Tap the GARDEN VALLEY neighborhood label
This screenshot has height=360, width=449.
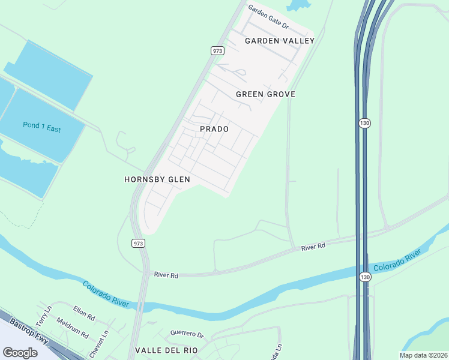click(280, 41)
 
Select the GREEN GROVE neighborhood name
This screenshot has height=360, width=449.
click(265, 95)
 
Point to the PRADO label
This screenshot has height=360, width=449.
click(214, 129)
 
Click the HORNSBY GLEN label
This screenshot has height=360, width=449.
click(157, 179)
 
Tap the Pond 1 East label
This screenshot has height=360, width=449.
click(46, 127)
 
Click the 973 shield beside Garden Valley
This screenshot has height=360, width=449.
click(218, 51)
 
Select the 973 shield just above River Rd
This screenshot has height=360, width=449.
click(138, 242)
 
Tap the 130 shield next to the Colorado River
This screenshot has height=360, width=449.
click(366, 277)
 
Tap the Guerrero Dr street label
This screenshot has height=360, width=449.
click(187, 334)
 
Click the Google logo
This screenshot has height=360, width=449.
click(20, 353)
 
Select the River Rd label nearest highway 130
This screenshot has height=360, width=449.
click(313, 247)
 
